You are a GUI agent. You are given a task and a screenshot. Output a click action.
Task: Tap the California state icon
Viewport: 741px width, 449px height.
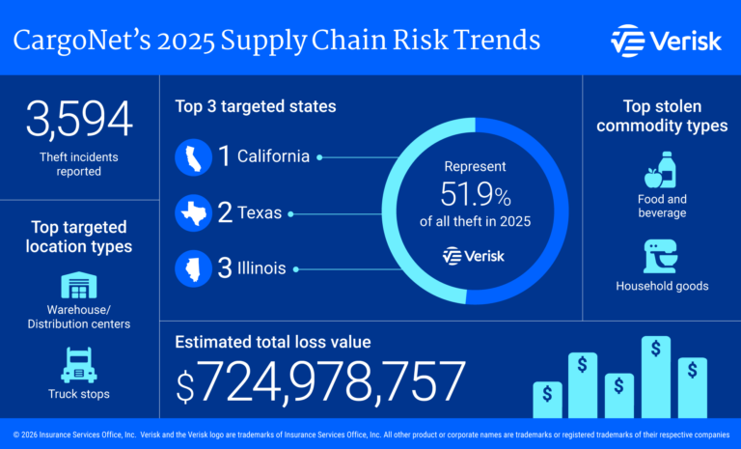(193, 156)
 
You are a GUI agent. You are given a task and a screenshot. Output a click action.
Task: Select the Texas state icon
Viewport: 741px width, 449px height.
(193, 212)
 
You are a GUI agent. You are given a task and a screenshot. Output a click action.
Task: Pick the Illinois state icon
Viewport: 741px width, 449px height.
(193, 268)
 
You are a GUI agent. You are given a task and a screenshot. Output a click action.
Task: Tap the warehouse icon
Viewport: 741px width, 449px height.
(80, 286)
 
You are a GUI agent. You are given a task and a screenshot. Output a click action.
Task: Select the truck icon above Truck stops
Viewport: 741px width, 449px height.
(79, 366)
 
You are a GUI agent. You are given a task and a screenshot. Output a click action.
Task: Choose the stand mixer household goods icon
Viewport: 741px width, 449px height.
(661, 256)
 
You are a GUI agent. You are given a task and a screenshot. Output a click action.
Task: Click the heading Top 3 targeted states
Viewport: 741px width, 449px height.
(256, 106)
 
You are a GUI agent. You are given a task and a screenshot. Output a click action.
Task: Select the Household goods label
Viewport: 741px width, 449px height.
(661, 286)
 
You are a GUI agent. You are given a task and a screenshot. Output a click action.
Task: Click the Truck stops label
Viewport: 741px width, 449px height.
(79, 394)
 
